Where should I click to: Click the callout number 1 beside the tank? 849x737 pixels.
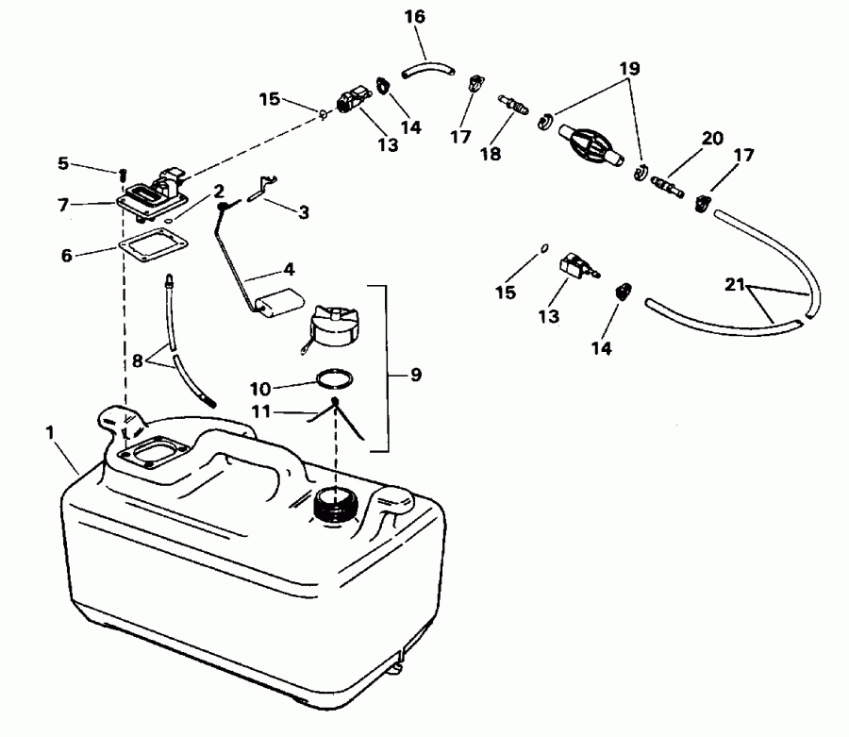coord(49,432)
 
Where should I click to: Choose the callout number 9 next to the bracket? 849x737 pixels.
coord(416,375)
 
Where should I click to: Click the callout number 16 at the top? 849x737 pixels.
coord(414,16)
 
